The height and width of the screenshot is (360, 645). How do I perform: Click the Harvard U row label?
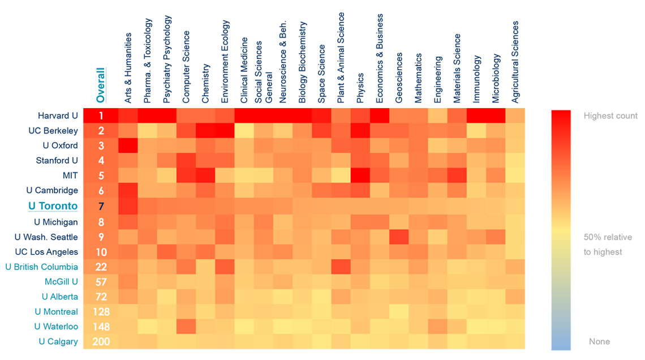(x=58, y=116)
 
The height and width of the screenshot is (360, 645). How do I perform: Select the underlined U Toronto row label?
(x=53, y=206)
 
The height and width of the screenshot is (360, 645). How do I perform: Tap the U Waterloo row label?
(x=56, y=327)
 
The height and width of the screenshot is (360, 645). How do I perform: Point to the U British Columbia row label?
(x=42, y=267)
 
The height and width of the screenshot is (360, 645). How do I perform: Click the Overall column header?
(x=101, y=85)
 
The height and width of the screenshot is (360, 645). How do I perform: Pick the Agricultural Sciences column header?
(x=515, y=62)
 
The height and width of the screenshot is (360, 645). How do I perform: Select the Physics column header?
(x=360, y=87)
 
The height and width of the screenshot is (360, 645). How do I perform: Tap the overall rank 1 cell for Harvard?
(x=101, y=116)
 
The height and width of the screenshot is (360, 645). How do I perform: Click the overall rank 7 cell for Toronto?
(x=101, y=206)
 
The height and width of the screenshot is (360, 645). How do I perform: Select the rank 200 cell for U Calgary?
(x=101, y=341)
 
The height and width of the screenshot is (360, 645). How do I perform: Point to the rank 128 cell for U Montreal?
(x=101, y=311)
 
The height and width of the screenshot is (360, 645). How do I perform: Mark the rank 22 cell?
(x=101, y=267)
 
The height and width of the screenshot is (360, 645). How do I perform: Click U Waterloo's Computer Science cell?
(x=186, y=327)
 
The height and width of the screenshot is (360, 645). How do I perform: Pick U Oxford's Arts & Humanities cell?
(x=128, y=146)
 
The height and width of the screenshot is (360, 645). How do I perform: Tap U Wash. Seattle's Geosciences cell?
(x=398, y=237)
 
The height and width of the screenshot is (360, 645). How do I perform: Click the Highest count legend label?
(x=610, y=116)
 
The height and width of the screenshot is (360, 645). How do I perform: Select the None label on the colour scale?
(x=599, y=341)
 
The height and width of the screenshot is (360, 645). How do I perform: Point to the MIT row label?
(x=70, y=176)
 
